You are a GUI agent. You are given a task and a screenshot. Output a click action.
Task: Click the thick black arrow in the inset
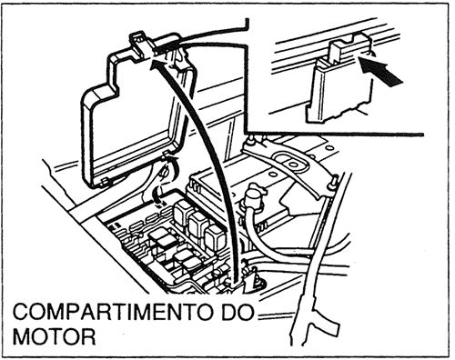(383, 72)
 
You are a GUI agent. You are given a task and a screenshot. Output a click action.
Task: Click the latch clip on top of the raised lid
(139, 45)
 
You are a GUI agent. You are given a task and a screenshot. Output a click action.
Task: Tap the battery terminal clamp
(253, 197)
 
